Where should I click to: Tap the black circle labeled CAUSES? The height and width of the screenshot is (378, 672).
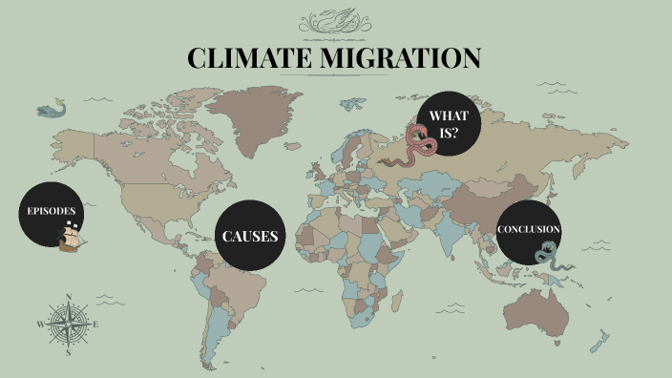pos(250,236)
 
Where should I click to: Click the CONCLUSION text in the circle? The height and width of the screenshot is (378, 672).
pos(528,229)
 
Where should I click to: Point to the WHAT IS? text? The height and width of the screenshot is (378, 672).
pos(444,124)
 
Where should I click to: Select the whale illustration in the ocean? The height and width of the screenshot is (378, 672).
pos(52,109)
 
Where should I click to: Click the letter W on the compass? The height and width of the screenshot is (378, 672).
pos(40,325)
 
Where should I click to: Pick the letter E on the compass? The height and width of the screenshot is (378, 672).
pos(96,325)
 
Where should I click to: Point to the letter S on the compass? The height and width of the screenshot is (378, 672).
pos(69,352)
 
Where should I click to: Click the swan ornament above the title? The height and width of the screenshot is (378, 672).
pos(335,21)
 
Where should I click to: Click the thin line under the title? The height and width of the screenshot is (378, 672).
pos(335,75)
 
